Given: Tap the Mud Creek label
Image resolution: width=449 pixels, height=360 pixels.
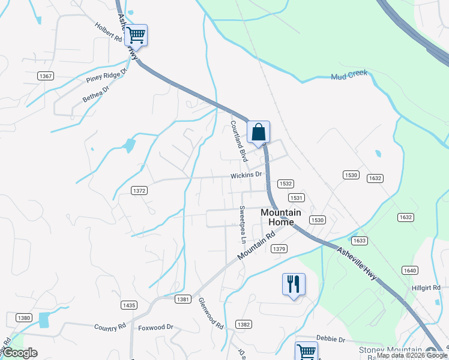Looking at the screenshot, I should point(349,76).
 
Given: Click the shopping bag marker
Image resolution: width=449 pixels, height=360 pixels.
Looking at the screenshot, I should point(258,132).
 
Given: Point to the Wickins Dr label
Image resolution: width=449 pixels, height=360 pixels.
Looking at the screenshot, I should point(247,175).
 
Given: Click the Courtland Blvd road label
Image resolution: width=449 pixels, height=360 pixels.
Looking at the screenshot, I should point(239,141).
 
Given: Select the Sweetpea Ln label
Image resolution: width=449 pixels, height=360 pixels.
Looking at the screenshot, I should point(243,224).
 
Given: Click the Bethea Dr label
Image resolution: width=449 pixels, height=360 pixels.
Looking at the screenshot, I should point(96,93).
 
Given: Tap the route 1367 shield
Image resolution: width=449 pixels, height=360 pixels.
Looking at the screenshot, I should point(46,76).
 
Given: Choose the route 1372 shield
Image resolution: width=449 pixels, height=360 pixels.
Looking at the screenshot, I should point(139,190).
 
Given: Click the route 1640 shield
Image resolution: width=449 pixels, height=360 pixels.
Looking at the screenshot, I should point(410,271).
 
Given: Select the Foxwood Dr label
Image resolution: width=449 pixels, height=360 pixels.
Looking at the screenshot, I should point(155,328).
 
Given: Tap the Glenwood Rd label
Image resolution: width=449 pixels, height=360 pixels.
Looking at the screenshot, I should point(211,313).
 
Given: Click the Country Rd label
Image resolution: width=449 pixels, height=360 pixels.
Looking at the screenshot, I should point(110,327).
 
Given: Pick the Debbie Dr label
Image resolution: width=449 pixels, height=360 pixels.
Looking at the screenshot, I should point(331,340).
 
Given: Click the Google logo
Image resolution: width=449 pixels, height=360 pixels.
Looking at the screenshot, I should point(20,353).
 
